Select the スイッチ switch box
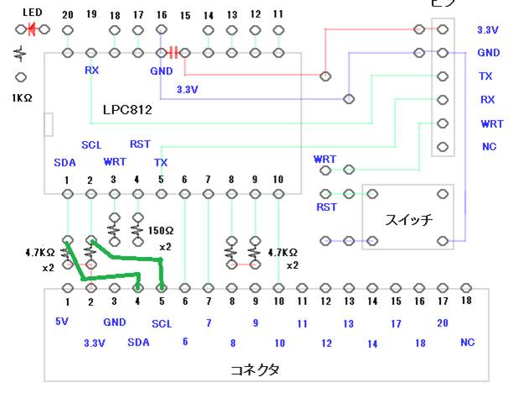click(408, 217)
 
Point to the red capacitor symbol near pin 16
click(174, 52)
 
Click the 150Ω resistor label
click(160, 229)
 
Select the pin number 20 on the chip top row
click(67, 15)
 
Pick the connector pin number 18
click(468, 301)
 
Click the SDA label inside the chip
click(65, 161)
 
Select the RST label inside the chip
click(140, 144)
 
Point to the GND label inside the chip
click(161, 71)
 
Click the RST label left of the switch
click(326, 207)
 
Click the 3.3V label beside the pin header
click(488, 29)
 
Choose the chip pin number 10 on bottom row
click(277, 181)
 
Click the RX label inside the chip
click(91, 71)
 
